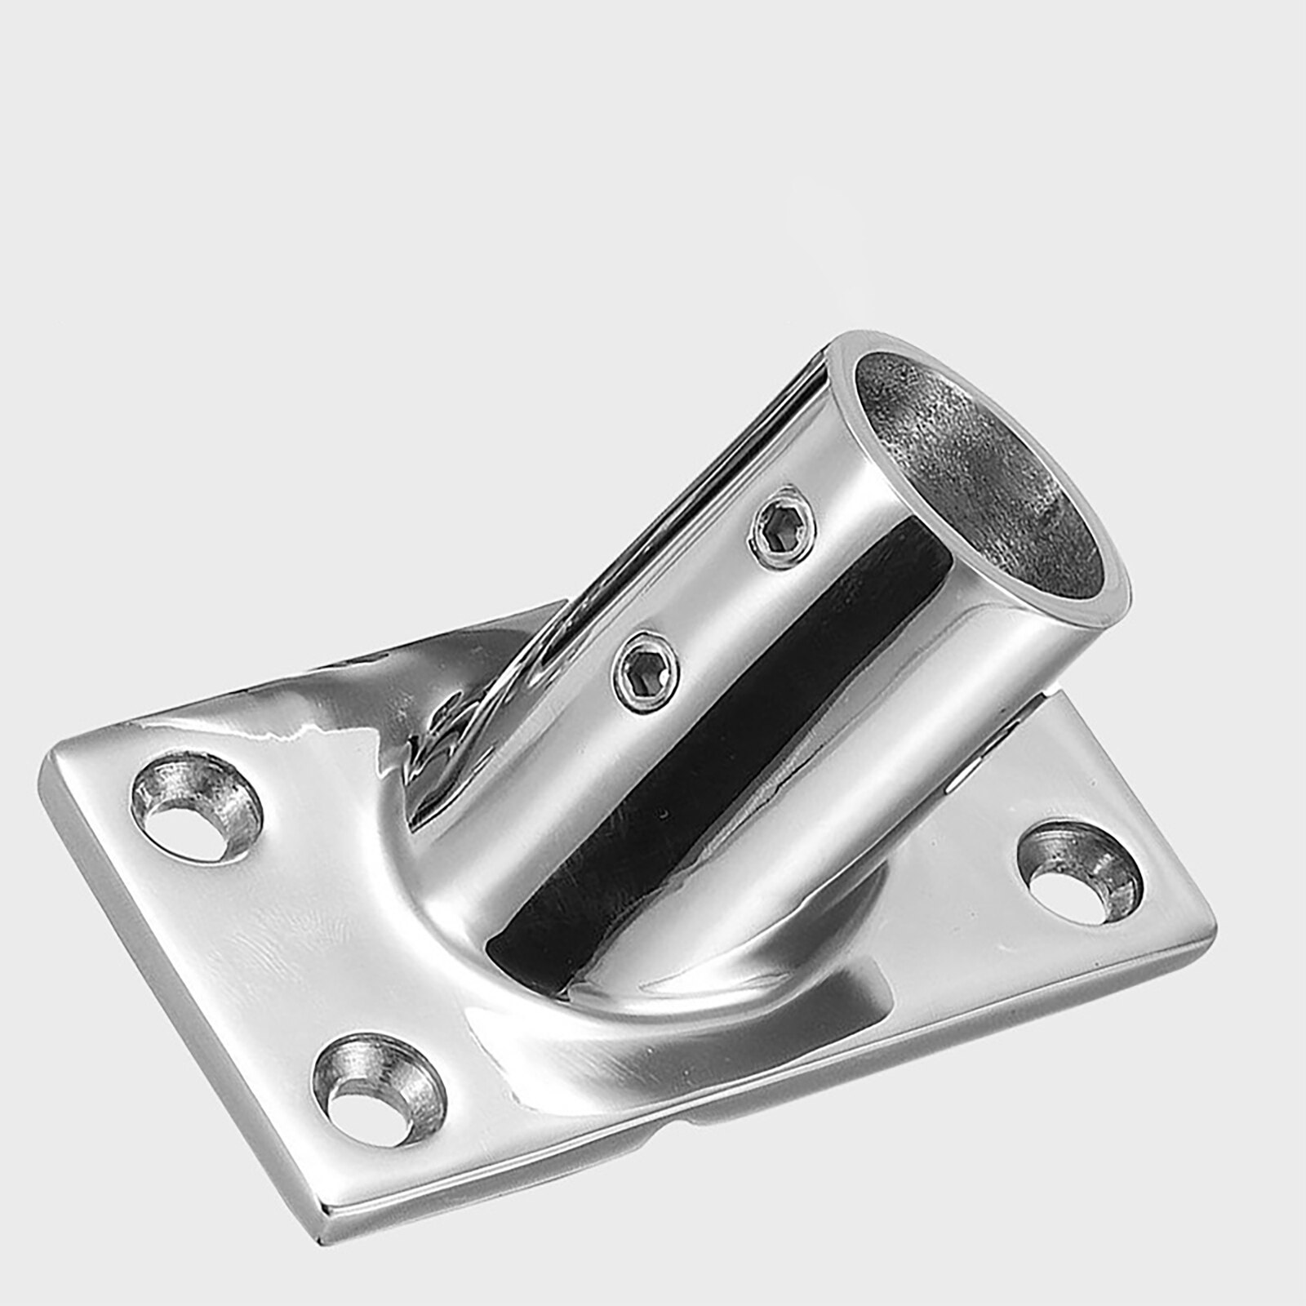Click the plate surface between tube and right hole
pyautogui.click(x=963, y=857)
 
